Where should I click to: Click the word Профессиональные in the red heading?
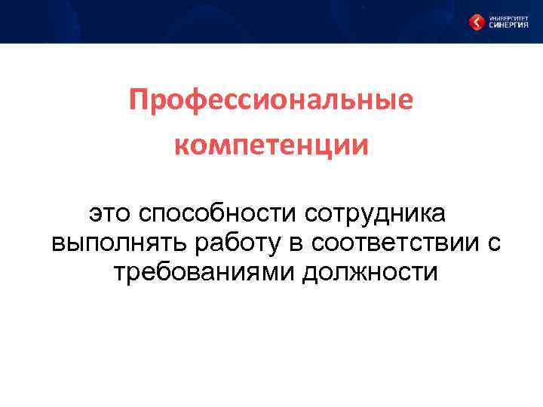[x=271, y=100]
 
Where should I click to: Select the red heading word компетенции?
[x=271, y=145]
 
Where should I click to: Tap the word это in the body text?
[x=110, y=214]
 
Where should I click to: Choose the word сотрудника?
[x=375, y=214]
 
